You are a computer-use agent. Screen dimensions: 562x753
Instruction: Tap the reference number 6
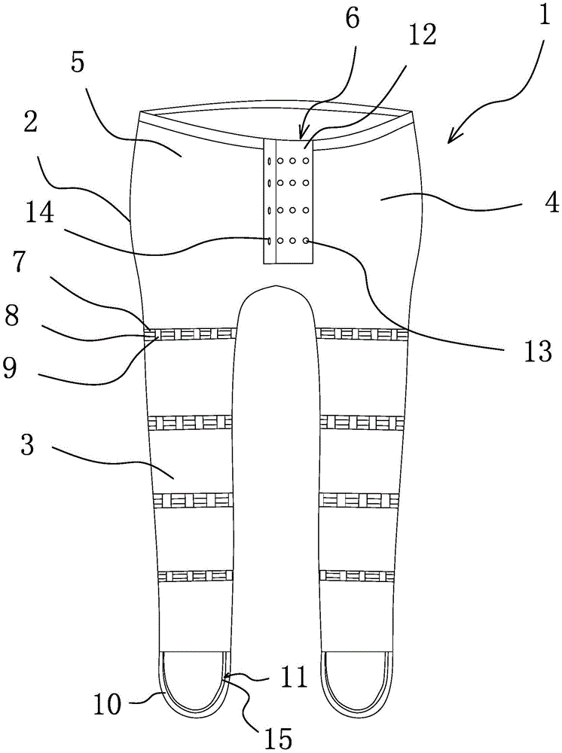pos(353,18)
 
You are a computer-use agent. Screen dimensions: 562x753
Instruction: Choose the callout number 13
pos(539,352)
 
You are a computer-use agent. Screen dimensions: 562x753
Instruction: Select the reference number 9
pos(11,368)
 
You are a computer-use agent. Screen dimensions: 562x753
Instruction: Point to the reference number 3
pos(28,445)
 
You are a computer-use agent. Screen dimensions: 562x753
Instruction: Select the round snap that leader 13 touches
pos(305,239)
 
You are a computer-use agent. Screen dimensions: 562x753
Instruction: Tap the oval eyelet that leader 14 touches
pos(270,239)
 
